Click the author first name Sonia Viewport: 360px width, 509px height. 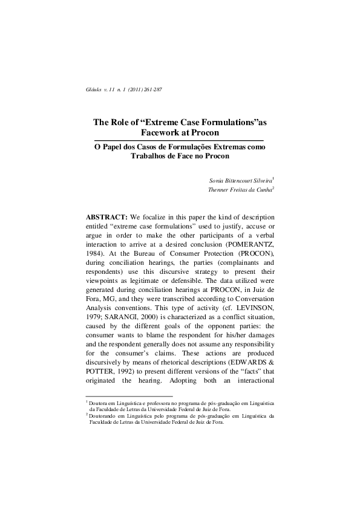217,180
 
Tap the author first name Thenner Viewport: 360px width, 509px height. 218,189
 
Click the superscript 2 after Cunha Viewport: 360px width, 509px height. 273,187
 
